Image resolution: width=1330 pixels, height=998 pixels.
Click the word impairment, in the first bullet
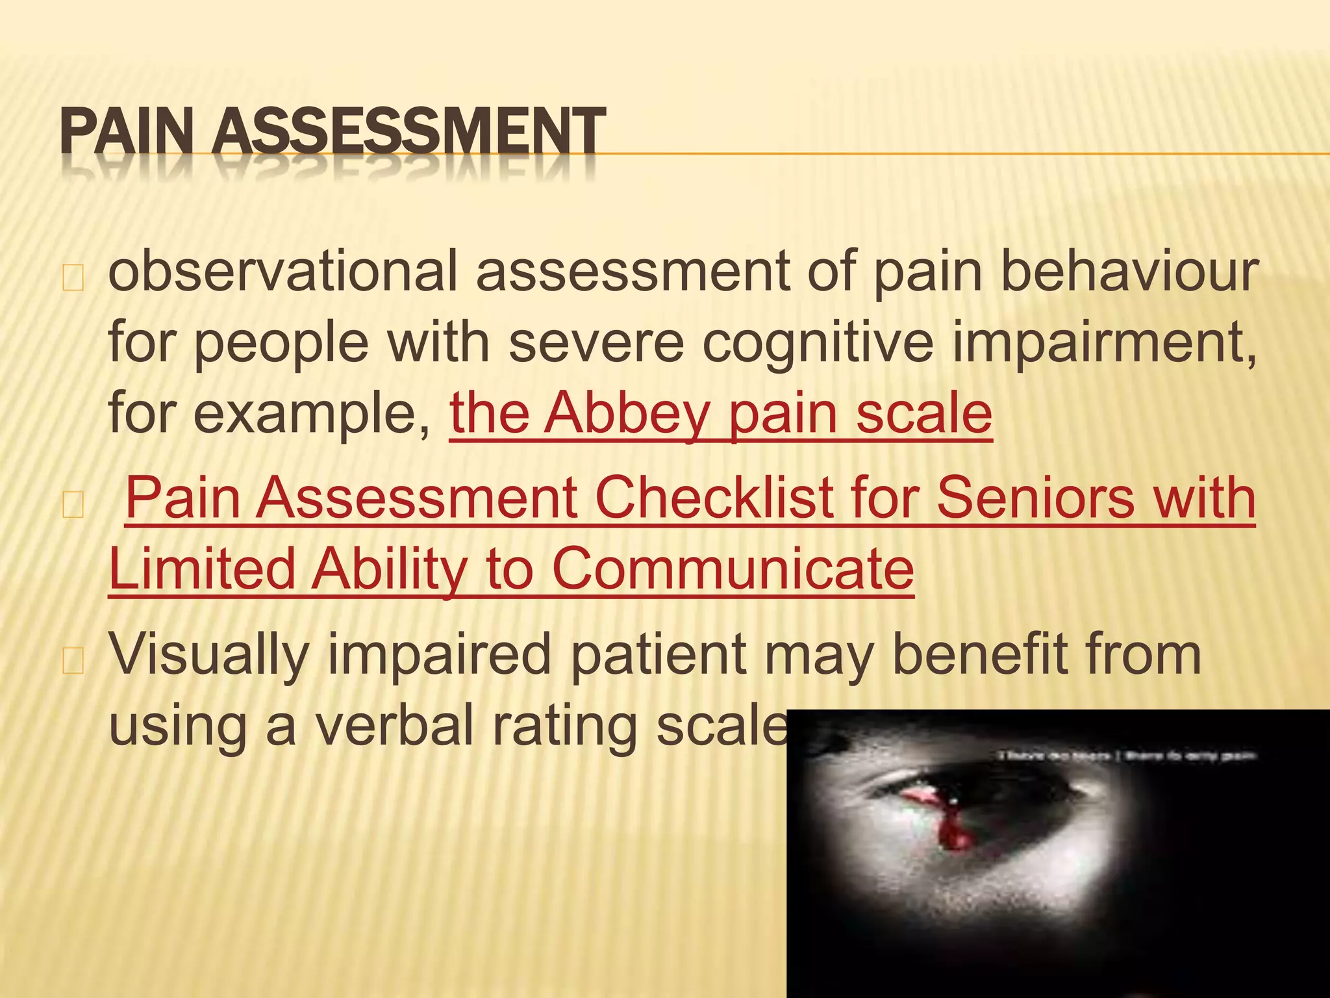(1103, 344)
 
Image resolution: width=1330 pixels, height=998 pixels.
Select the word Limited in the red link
(202, 569)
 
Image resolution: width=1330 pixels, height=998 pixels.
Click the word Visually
(208, 655)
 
